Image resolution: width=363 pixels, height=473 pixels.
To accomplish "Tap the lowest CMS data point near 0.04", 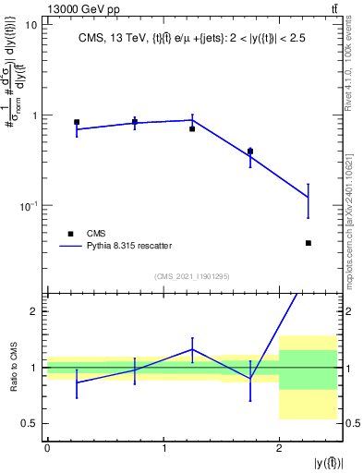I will tap(308, 243).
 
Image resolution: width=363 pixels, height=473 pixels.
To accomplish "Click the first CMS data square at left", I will tap(77, 122).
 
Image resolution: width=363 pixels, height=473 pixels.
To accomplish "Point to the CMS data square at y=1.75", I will tap(250, 152).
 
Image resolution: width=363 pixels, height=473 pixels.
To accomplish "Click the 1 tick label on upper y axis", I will tap(34, 115).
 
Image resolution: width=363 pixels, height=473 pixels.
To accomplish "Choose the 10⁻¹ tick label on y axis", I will tap(29, 205).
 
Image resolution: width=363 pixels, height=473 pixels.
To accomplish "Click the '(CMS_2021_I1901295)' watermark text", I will tap(193, 276).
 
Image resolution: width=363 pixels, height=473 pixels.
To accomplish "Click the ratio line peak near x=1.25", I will tap(192, 349).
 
